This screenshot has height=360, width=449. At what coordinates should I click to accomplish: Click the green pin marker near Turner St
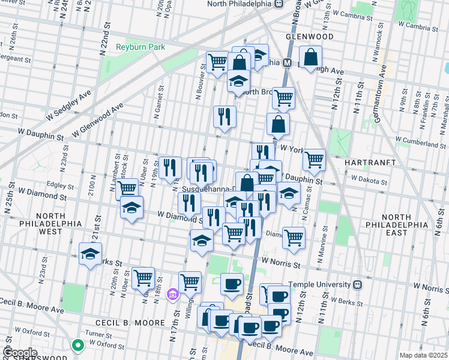pyautogui.click(x=77, y=345)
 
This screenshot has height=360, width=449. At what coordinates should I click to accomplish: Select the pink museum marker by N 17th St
pyautogui.click(x=173, y=294)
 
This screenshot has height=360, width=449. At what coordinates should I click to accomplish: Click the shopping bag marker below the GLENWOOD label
pyautogui.click(x=311, y=58)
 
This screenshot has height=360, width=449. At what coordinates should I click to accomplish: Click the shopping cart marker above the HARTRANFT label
pyautogui.click(x=314, y=160)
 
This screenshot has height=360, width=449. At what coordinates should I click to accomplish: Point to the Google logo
pyautogui.click(x=20, y=353)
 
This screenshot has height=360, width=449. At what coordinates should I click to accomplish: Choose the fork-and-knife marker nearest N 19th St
pyautogui.click(x=170, y=168)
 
